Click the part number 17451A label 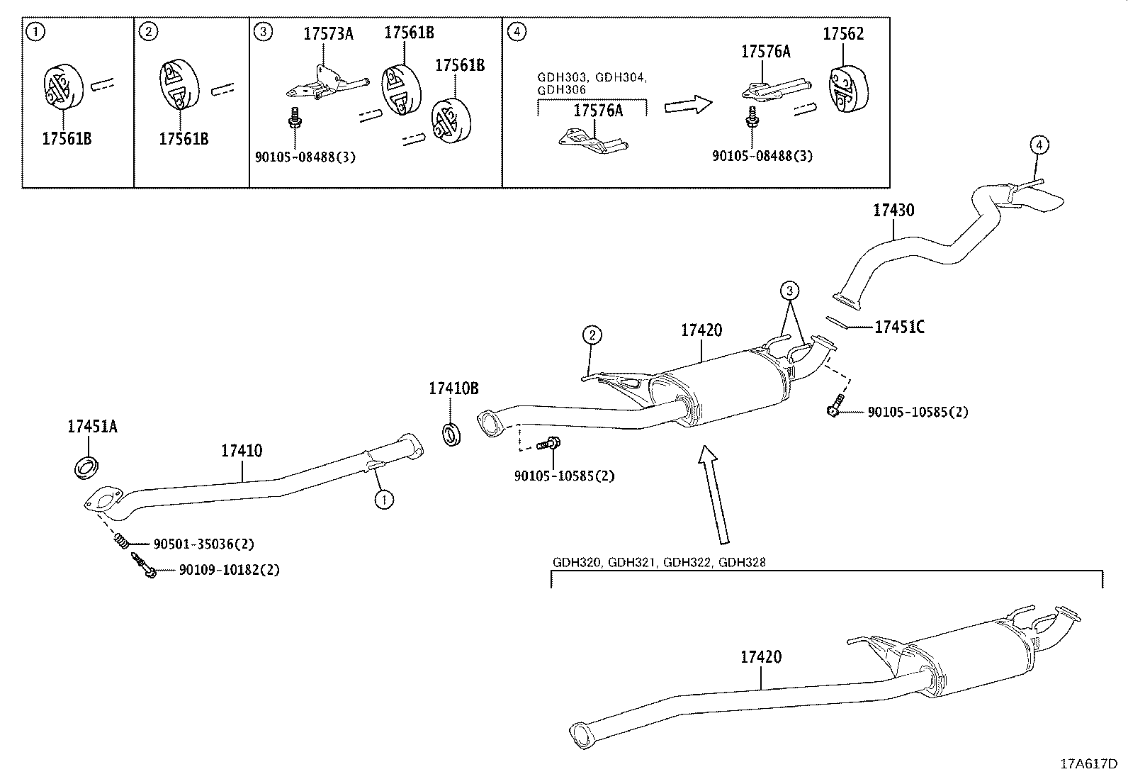point(92,426)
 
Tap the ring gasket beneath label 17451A point(86,468)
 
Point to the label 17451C point(899,327)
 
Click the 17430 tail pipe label point(893,210)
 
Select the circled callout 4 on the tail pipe point(1038,145)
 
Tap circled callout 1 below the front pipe point(383,500)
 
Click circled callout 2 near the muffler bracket point(592,334)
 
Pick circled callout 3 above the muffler point(790,290)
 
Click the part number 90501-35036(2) point(203,544)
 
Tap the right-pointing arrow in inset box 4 point(687,106)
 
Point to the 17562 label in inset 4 point(843,33)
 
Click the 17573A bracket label point(328,33)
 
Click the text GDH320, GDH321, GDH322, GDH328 point(659,563)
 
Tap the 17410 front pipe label point(242,450)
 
